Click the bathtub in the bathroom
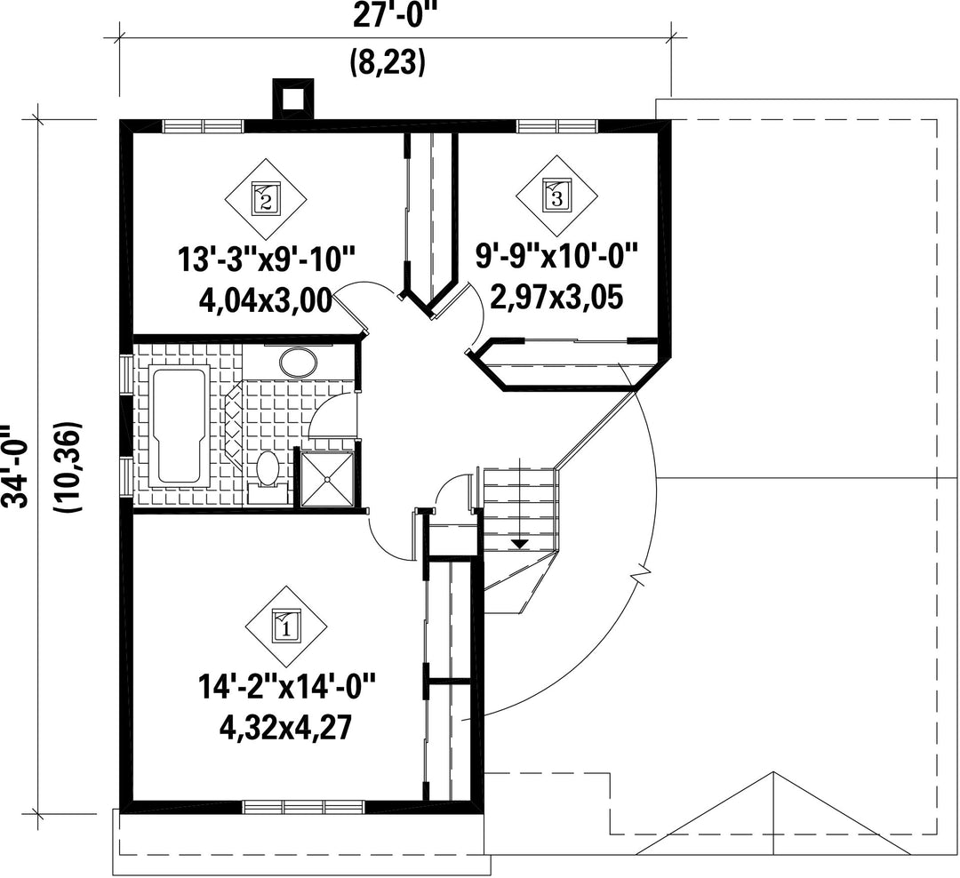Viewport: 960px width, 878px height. coord(180,427)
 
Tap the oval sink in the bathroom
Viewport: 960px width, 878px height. coord(298,363)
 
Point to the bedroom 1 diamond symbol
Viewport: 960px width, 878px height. coord(286,627)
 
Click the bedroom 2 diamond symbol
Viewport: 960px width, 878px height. coord(266,199)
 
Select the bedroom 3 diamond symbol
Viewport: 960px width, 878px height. coord(556,197)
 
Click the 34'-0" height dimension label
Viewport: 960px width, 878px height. coord(15,467)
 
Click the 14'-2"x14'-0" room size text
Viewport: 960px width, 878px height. coord(286,688)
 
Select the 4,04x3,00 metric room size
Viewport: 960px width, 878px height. coord(266,300)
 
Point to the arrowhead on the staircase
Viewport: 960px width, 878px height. coord(519,543)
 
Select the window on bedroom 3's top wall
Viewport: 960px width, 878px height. coord(557,126)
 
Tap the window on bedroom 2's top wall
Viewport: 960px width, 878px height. coord(204,126)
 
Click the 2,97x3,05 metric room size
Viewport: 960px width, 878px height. coord(556,298)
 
